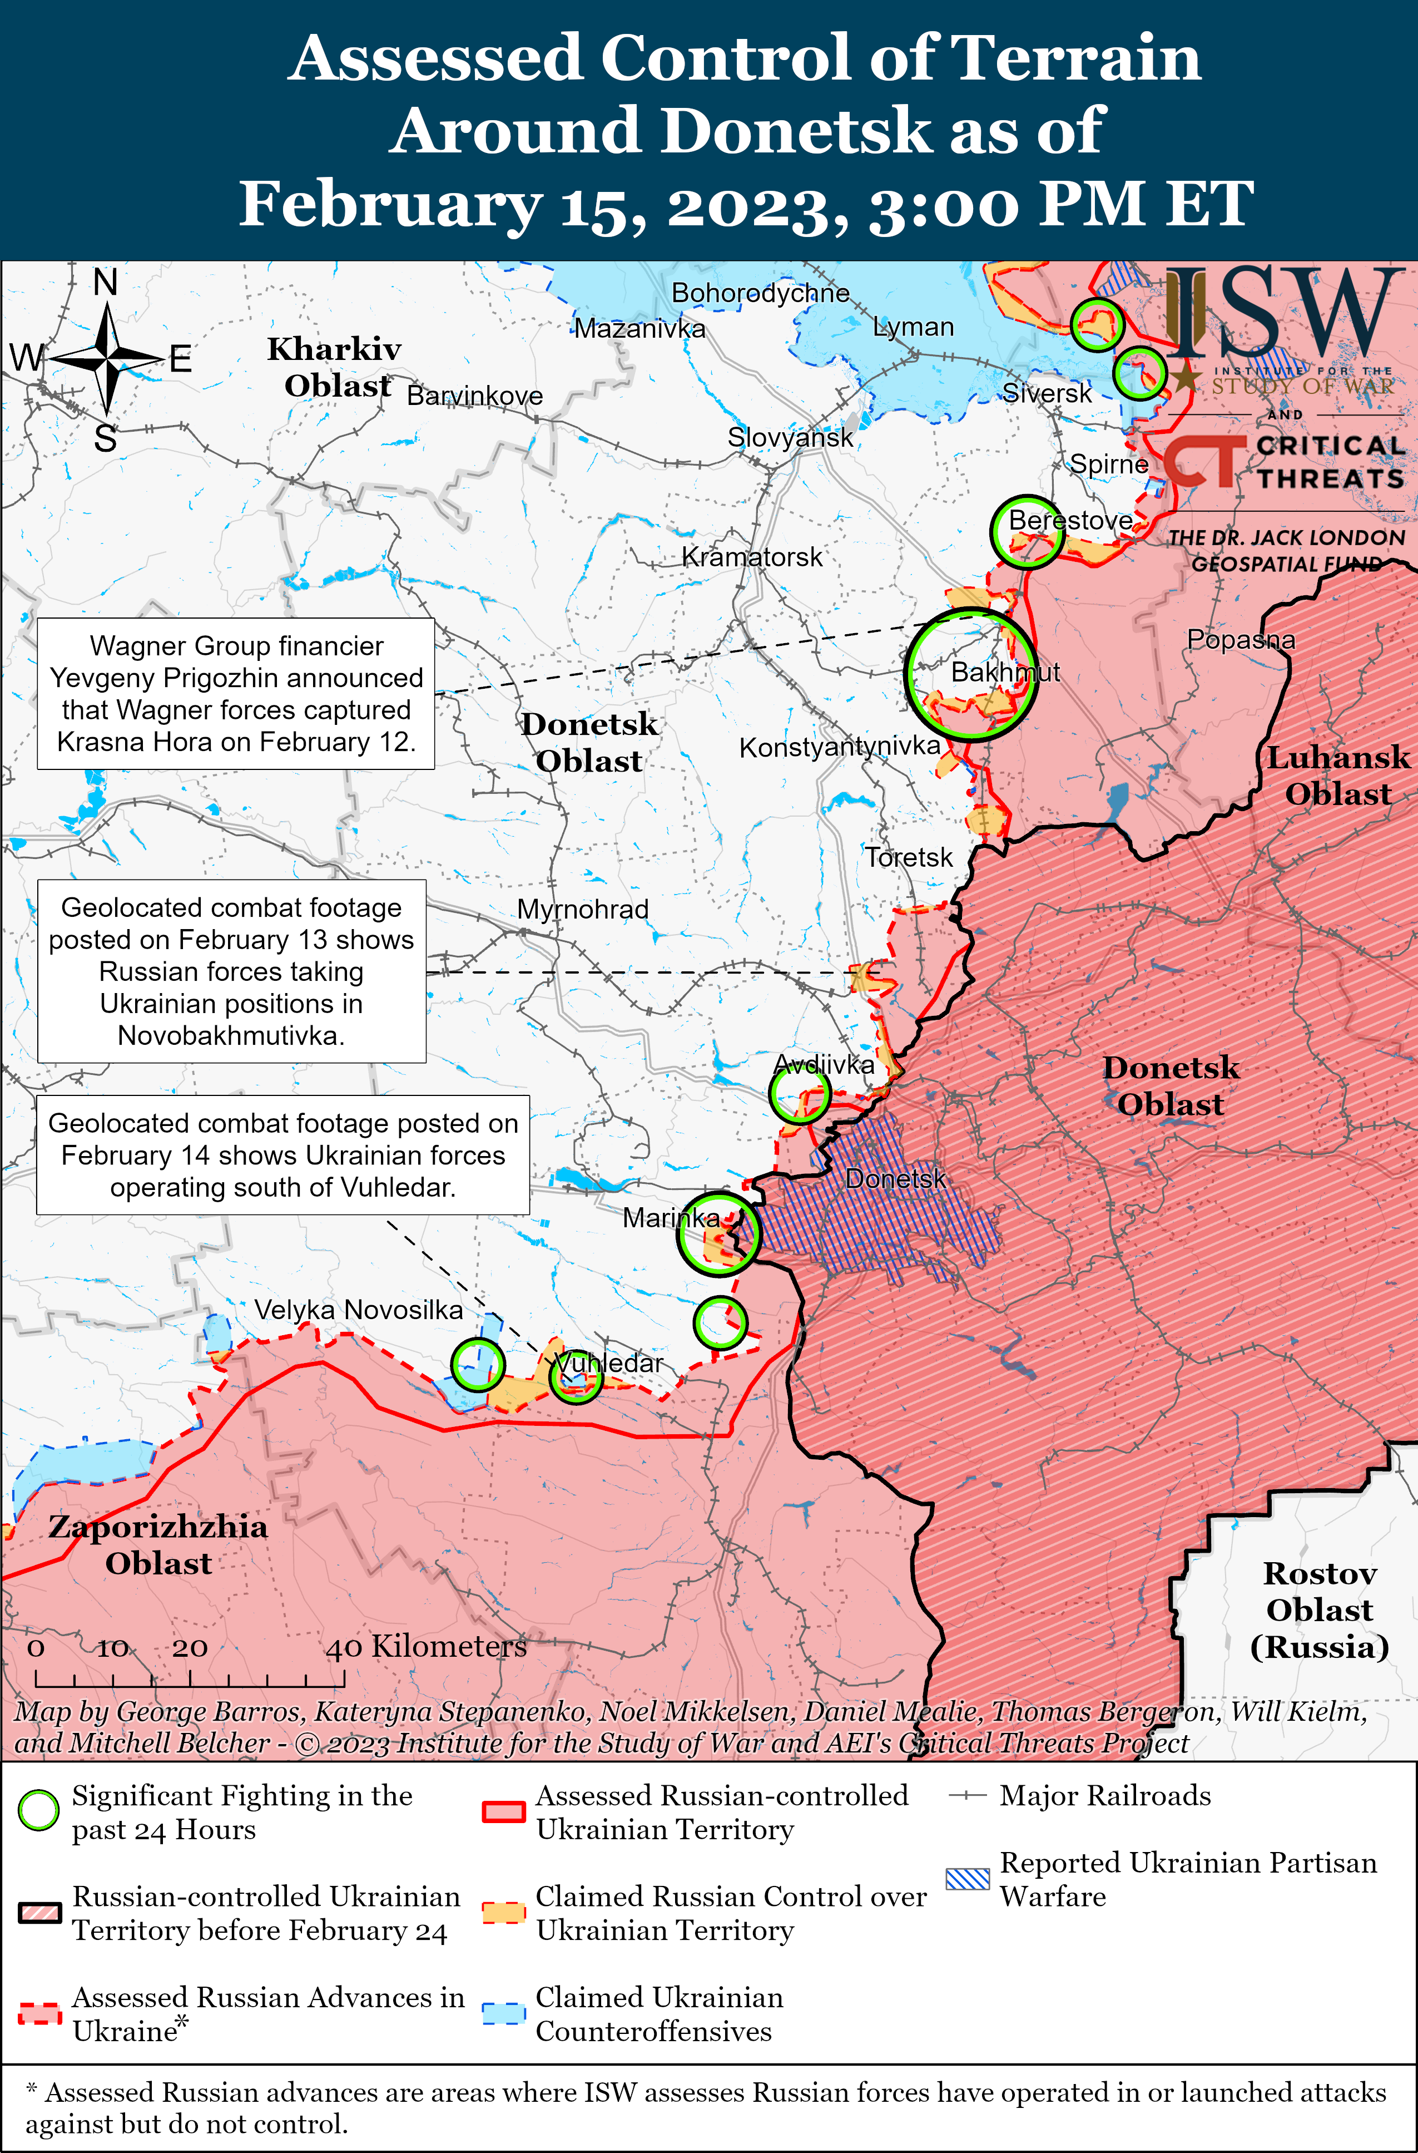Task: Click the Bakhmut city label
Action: coord(1005,672)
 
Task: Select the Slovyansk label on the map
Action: coord(790,438)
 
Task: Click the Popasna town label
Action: coord(1240,640)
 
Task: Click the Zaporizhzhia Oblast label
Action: coord(158,1544)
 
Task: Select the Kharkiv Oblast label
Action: coord(335,367)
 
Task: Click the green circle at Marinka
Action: coord(719,1234)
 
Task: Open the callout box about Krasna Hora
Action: coord(235,694)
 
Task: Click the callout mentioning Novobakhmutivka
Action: coord(231,971)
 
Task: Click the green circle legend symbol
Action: coord(39,1811)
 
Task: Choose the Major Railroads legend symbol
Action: coord(966,1796)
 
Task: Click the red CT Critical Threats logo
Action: coord(1203,461)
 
